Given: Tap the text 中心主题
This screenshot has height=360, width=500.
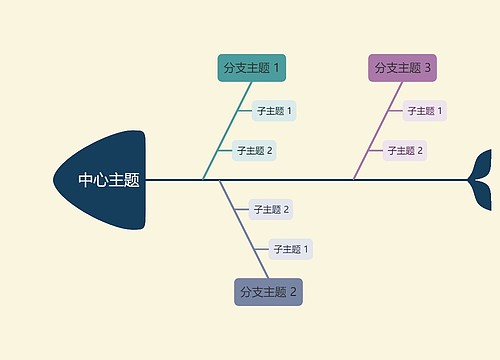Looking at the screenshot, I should (x=109, y=181).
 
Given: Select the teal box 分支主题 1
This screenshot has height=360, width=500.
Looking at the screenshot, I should (x=252, y=68).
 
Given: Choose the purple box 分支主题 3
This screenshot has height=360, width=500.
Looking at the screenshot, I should (x=403, y=68).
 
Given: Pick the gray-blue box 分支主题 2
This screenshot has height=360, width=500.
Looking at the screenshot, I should (x=268, y=292).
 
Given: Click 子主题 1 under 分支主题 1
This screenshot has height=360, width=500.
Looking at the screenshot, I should (x=274, y=111).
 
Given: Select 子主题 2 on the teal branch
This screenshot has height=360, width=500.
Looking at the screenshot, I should (x=254, y=151).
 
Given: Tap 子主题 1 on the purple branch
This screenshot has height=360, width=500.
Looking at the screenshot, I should (x=425, y=111).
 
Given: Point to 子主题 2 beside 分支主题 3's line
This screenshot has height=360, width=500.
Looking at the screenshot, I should (x=406, y=151).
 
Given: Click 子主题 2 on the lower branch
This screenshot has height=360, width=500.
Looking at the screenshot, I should (x=271, y=210).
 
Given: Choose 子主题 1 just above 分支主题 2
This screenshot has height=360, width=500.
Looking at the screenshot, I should (x=291, y=249).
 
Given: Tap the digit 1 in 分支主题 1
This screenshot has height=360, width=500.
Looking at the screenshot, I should (x=277, y=68).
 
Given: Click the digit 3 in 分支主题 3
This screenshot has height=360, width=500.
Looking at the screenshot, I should (x=428, y=68).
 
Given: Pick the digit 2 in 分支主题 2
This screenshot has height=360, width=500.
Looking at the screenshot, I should (x=294, y=292).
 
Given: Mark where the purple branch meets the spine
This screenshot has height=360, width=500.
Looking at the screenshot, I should (x=353, y=180).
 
